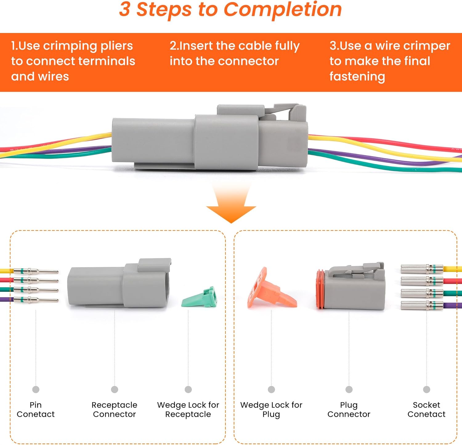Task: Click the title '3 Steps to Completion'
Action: [x=230, y=9]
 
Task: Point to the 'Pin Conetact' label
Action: [x=35, y=409]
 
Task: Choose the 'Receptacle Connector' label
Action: [x=114, y=409]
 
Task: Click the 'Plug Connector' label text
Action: [x=349, y=409]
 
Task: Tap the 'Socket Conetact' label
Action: [x=426, y=409]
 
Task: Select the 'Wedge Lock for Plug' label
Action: [x=271, y=409]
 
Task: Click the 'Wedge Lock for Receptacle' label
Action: [x=188, y=409]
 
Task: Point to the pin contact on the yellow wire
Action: [x=35, y=271]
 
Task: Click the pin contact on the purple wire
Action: [x=35, y=300]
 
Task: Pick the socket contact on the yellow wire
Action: [x=421, y=269]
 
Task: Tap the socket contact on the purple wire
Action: [x=421, y=305]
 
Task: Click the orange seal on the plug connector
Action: [x=320, y=289]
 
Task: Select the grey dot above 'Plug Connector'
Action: [x=349, y=390]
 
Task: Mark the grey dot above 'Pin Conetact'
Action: [x=36, y=390]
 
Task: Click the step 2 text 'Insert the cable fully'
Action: [x=234, y=46]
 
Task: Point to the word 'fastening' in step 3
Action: [x=357, y=76]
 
